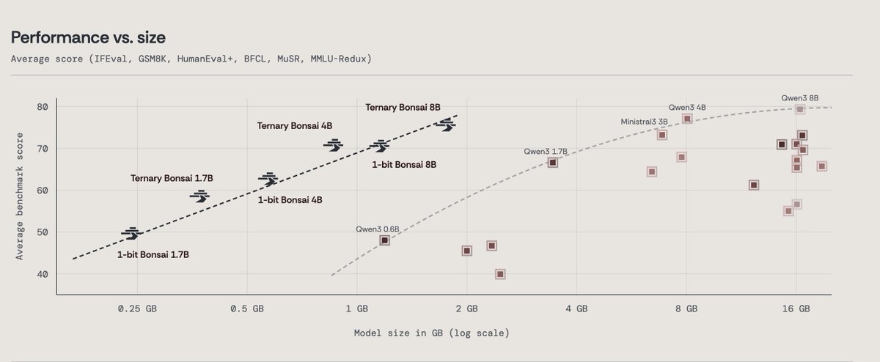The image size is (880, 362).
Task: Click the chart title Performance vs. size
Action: pos(88,37)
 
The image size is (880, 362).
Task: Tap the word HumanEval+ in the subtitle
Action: pos(205,59)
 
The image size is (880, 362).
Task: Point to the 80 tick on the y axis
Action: pos(43,107)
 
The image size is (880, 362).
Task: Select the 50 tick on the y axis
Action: pos(43,232)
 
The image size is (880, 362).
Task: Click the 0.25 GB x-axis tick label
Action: pos(137,309)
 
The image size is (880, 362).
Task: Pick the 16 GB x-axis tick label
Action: pos(796,309)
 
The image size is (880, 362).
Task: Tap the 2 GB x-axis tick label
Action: pos(466,309)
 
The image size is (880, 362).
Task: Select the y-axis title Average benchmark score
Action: pos(19,196)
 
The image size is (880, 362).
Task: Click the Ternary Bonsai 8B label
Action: pos(403,107)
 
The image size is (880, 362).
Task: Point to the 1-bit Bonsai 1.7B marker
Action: pos(132,234)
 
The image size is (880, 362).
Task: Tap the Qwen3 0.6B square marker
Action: pos(384,240)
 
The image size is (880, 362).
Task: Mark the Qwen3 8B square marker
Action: pos(800,109)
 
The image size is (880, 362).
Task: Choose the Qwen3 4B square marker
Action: pos(687,119)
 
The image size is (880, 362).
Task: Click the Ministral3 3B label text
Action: pos(644,122)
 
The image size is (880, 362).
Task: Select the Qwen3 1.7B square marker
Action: pos(553,163)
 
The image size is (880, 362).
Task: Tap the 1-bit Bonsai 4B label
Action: pos(290,200)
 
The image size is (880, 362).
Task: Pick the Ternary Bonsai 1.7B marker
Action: pos(200,196)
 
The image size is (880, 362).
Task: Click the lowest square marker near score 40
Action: pos(500,274)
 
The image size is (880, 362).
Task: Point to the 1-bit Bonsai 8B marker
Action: pos(380,146)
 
